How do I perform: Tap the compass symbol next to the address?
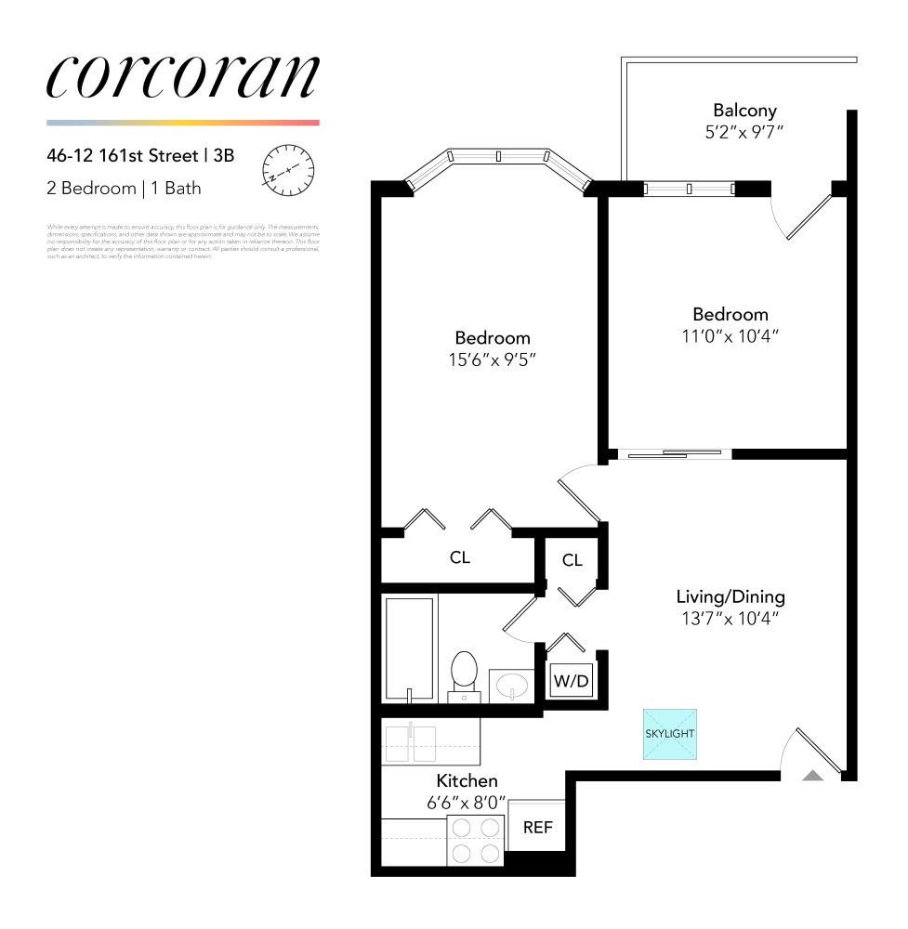pos(288,169)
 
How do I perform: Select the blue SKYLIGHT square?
pos(669,734)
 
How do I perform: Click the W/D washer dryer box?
pos(571,682)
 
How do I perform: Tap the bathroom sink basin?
pos(510,687)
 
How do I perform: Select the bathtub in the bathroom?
pos(409,650)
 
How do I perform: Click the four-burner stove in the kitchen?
pos(476,840)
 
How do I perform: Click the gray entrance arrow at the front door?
pos(812,776)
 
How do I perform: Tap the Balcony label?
pos(744,111)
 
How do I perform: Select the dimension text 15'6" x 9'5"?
pos(493,359)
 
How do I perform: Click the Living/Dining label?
pos(730,596)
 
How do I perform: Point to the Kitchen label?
pos(467,781)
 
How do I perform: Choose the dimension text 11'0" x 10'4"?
pos(730,335)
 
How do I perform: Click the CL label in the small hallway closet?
pos(572,560)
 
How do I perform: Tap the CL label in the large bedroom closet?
pos(459,557)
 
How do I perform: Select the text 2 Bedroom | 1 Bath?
pos(124,189)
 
